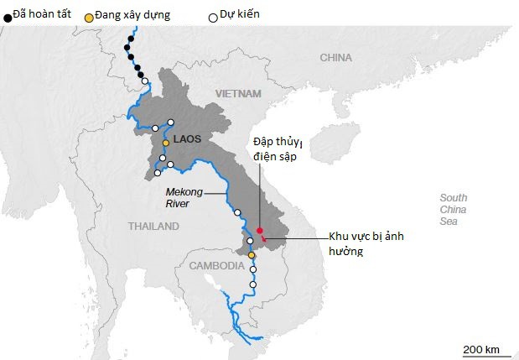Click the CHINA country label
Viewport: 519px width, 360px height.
pyautogui.click(x=336, y=57)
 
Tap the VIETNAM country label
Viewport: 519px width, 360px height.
pyautogui.click(x=238, y=92)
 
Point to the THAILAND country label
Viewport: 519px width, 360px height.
pyautogui.click(x=153, y=226)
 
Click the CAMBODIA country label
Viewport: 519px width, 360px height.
pyautogui.click(x=216, y=265)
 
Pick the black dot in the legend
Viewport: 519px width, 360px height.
pyautogui.click(x=7, y=17)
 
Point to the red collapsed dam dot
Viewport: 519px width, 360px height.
pyautogui.click(x=259, y=231)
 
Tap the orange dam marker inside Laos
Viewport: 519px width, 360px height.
pyautogui.click(x=166, y=143)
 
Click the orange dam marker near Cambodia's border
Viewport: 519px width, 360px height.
pyautogui.click(x=252, y=254)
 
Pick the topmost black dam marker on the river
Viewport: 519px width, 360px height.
pyautogui.click(x=130, y=39)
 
